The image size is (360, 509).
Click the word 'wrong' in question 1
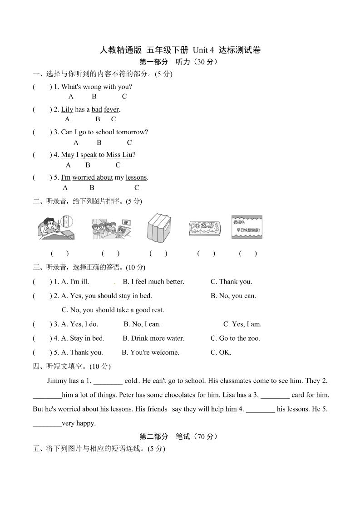pyautogui.click(x=92, y=87)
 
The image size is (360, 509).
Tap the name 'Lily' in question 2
pyautogui.click(x=67, y=109)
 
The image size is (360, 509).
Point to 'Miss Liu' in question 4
pyautogui.click(x=119, y=155)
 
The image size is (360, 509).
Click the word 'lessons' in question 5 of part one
pyautogui.click(x=136, y=177)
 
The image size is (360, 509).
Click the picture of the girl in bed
pyautogui.click(x=55, y=227)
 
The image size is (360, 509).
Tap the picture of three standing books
pyautogui.click(x=158, y=227)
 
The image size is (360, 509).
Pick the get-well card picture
pyautogui.click(x=247, y=227)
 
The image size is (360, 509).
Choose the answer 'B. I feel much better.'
pyautogui.click(x=153, y=282)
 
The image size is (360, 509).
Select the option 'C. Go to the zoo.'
pyautogui.click(x=235, y=338)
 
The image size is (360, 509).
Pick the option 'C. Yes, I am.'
pyautogui.click(x=242, y=324)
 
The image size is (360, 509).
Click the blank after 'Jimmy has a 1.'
pyautogui.click(x=108, y=381)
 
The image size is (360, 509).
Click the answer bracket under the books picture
pyautogui.click(x=158, y=254)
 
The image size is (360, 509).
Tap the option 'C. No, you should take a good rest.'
pyautogui.click(x=113, y=310)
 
